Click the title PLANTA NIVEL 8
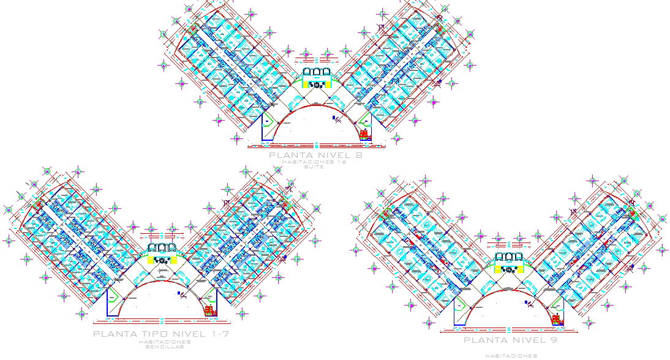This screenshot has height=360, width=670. pos(315,156)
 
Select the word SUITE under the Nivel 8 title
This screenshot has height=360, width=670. pos(316,167)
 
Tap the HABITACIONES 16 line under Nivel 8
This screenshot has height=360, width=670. pos(316,162)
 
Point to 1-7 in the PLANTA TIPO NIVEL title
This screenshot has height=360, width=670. pos(216,334)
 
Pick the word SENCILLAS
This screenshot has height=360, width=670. pos(160,347)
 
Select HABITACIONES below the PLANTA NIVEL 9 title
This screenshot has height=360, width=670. pos(511,355)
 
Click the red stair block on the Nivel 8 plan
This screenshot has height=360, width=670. pos(364,133)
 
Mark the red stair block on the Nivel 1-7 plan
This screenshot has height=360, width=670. pos(210,310)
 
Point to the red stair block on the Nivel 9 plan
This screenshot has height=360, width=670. pos(557,320)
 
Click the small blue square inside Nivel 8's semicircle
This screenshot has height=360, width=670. pos(334,117)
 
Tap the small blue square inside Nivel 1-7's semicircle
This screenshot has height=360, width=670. pos(179,294)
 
